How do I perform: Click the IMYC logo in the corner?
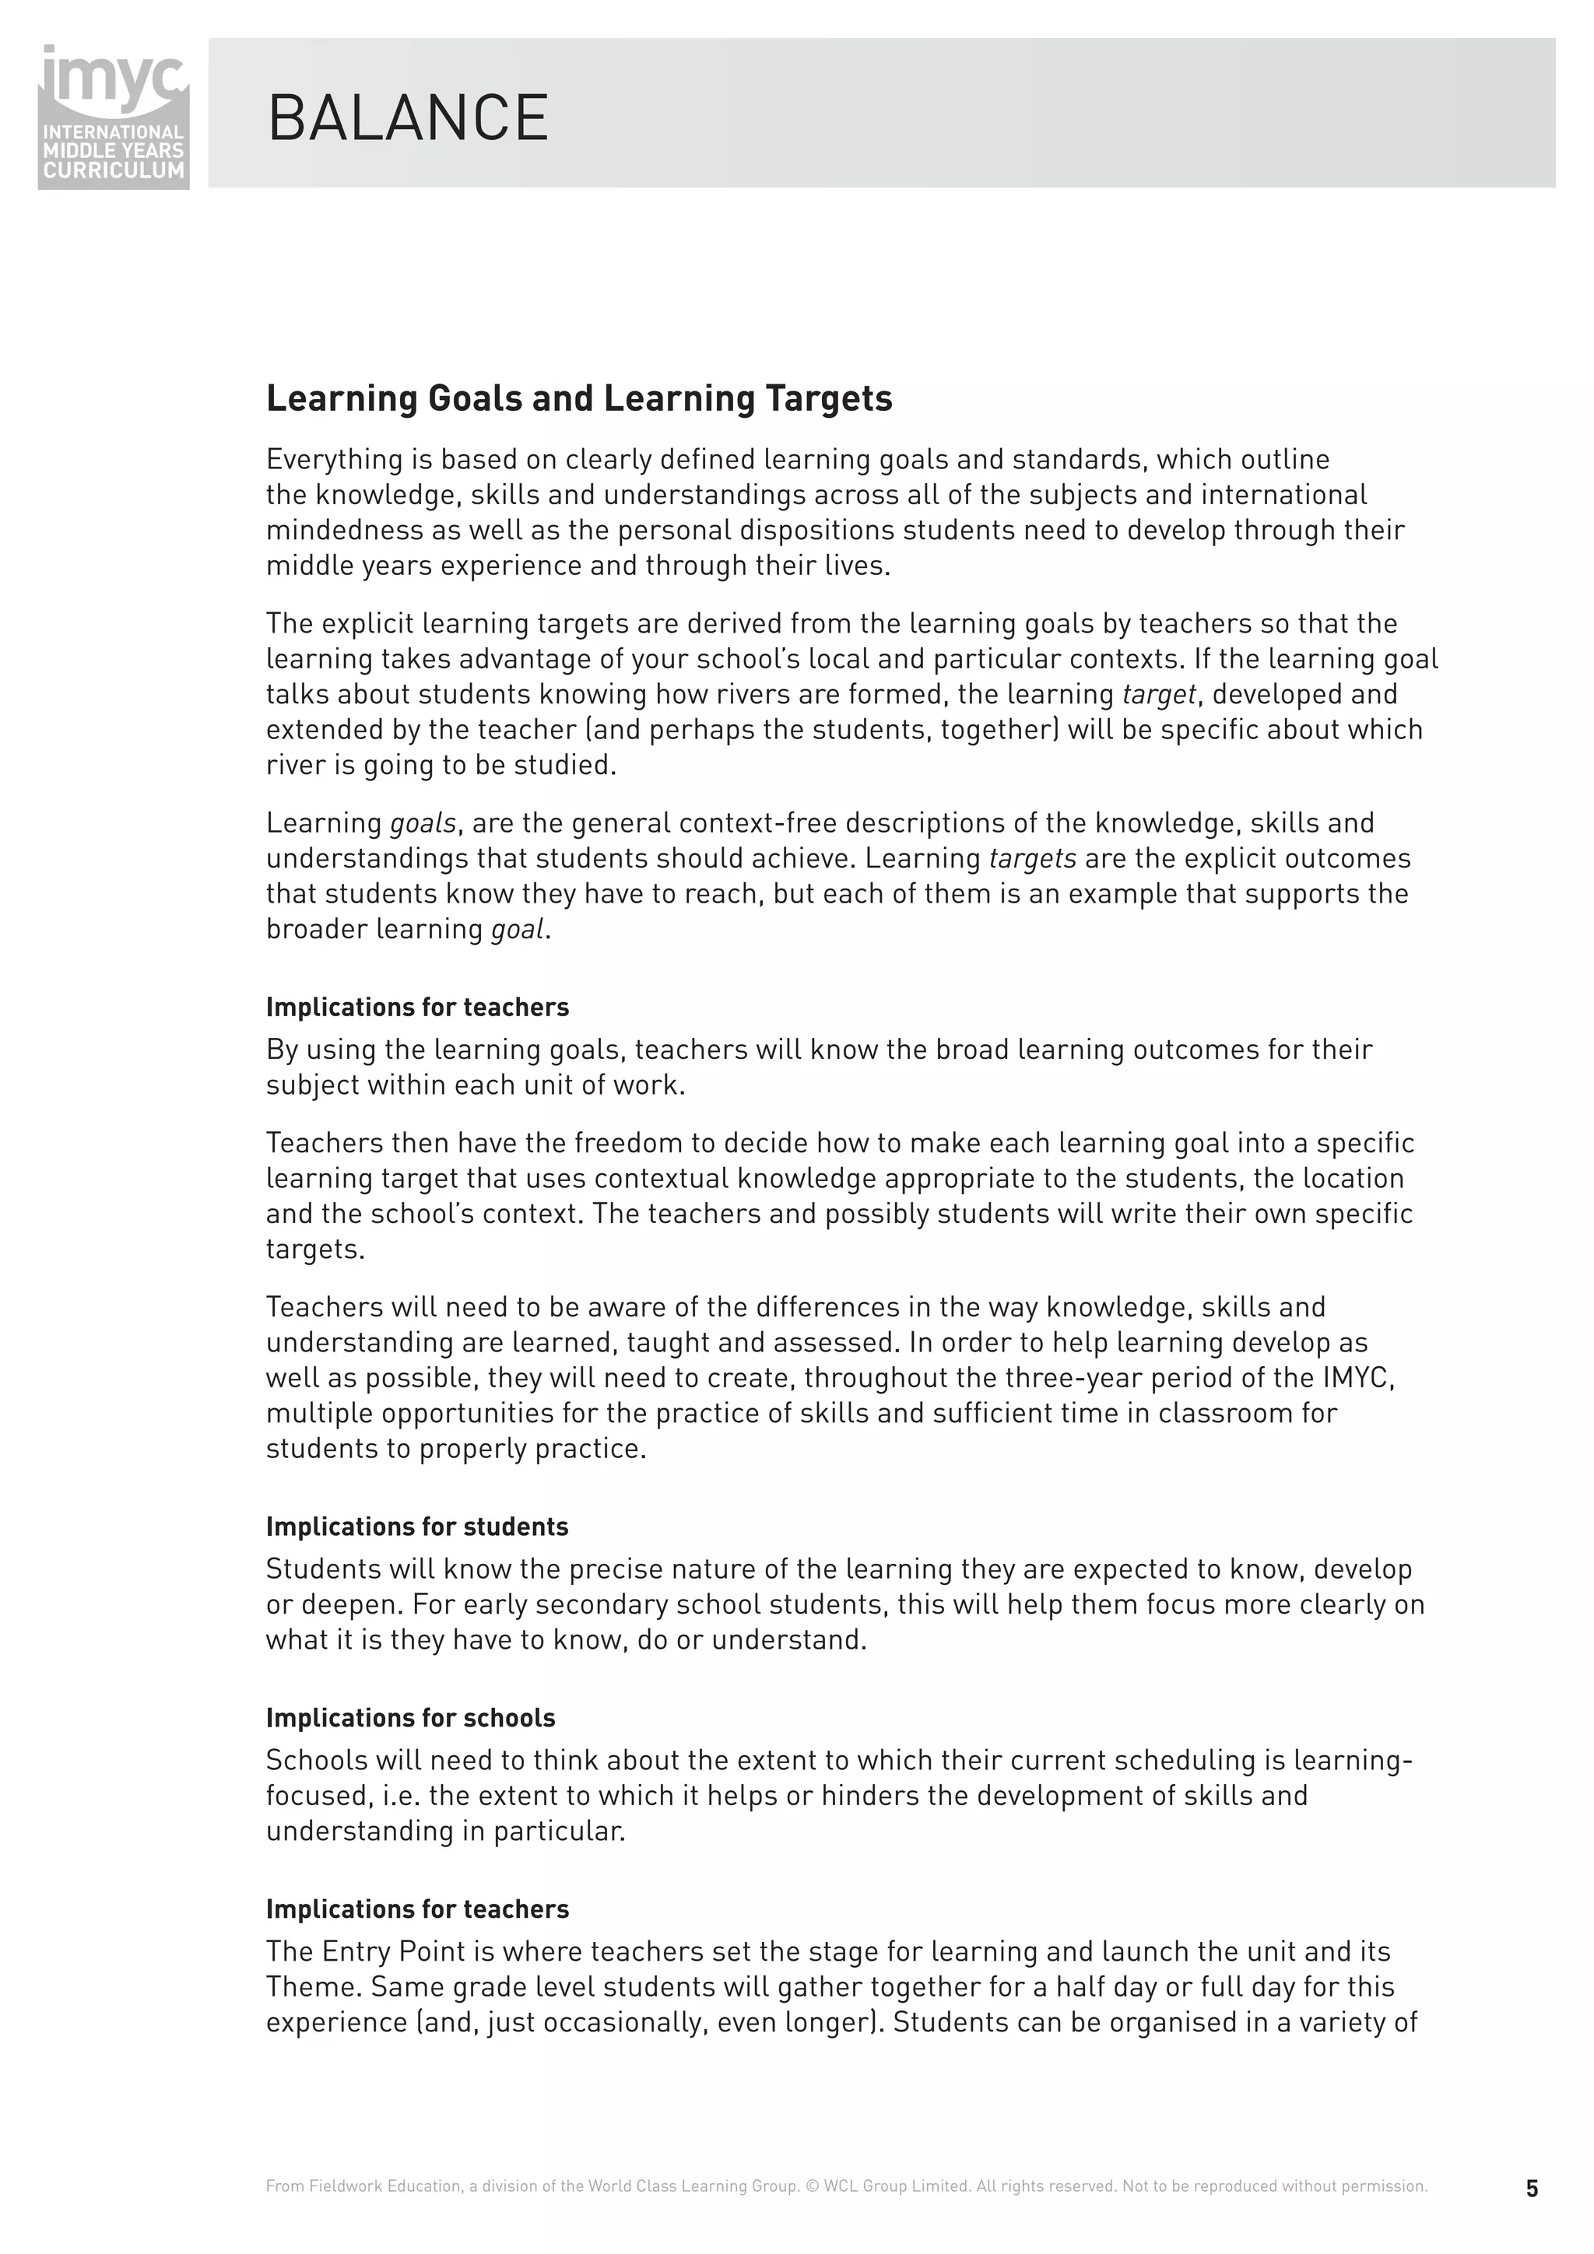113,116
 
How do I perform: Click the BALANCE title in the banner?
408,119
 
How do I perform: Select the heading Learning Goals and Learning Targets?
578,398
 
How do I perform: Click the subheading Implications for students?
416,1527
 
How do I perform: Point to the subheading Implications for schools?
409,1718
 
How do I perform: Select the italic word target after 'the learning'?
1158,694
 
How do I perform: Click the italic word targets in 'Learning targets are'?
1031,858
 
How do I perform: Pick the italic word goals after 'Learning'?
423,822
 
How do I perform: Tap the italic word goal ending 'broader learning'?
517,929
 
